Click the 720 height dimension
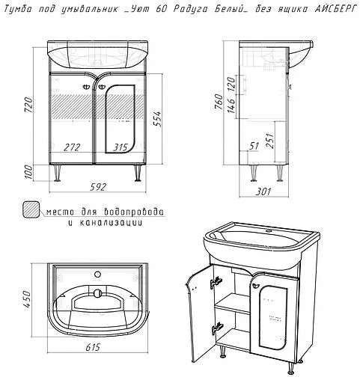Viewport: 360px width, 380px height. pos(29,105)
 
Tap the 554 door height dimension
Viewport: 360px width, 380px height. pos(158,119)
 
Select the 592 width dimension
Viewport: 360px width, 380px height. pos(98,187)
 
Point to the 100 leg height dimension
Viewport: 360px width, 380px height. pos(29,172)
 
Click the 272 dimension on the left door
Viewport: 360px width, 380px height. pos(72,147)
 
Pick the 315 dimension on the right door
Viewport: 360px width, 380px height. pos(120,147)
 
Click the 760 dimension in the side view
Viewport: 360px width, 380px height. pos(219,101)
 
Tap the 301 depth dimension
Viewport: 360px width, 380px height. pos(263,191)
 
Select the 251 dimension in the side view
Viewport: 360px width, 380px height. pos(270,141)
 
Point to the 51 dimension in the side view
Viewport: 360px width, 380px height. pos(254,146)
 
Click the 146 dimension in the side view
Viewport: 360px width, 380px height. pos(231,106)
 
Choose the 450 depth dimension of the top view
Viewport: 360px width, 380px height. pos(27,299)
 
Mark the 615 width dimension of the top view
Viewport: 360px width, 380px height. pos(93,347)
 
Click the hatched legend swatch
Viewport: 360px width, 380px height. pos(31,210)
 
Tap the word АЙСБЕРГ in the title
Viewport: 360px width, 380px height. pos(333,10)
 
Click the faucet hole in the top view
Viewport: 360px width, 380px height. pos(97,275)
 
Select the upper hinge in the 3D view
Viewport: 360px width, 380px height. pos(216,282)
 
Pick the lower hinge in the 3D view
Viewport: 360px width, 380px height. pos(217,328)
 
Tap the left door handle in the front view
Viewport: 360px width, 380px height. pos(86,87)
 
